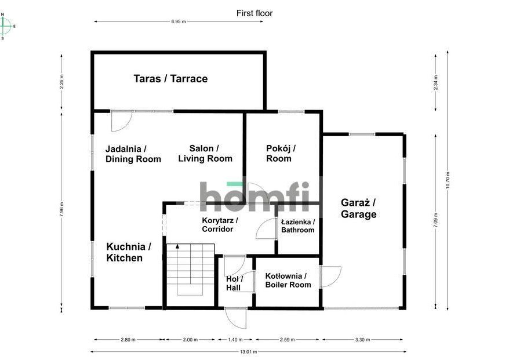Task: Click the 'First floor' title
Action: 254,13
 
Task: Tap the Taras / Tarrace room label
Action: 170,79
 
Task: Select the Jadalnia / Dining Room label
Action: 133,154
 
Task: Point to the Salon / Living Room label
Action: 205,154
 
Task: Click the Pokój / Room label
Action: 281,154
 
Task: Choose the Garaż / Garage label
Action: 358,208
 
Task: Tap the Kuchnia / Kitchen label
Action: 129,252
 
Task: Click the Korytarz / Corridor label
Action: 220,224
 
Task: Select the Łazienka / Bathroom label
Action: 297,226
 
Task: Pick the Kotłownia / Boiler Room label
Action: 288,281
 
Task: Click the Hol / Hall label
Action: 234,283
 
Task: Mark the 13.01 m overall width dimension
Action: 248,351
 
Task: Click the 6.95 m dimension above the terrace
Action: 179,22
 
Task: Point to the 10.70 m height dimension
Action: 448,180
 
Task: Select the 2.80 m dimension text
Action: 128,340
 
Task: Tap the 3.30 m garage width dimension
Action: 362,340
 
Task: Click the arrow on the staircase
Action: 177,246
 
